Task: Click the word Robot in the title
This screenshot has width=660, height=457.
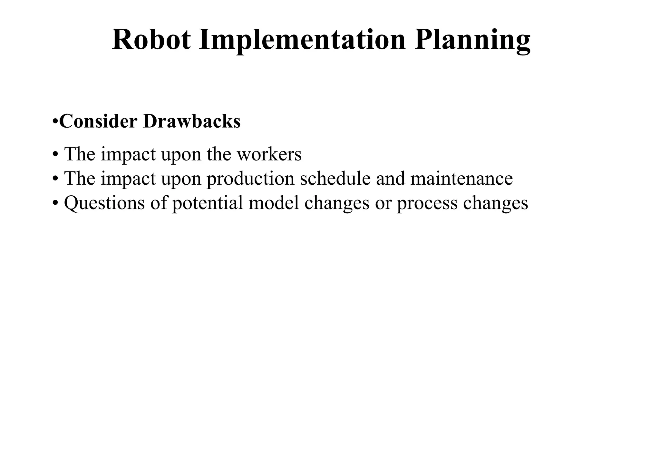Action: click(151, 40)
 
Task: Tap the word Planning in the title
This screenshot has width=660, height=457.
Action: click(472, 40)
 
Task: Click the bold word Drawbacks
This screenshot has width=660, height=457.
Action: click(192, 122)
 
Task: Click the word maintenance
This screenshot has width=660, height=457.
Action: click(461, 179)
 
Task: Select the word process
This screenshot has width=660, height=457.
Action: click(427, 203)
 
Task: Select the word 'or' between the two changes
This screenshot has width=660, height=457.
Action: click(383, 203)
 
